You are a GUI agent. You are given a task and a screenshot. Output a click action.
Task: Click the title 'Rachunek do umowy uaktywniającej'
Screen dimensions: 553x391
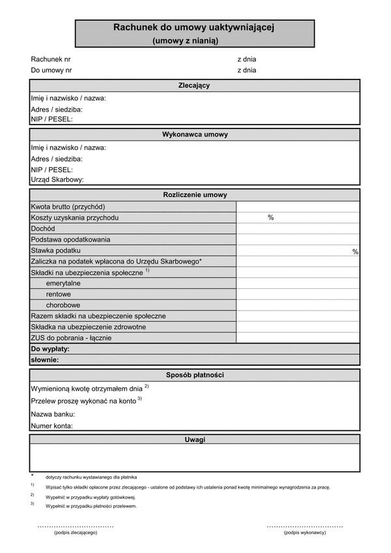point(194,28)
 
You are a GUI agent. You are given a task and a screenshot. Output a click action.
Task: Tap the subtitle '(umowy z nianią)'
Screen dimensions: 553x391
point(186,40)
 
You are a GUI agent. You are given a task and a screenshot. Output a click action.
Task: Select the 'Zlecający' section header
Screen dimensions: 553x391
point(194,85)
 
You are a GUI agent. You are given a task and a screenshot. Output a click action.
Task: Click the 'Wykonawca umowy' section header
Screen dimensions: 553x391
point(194,135)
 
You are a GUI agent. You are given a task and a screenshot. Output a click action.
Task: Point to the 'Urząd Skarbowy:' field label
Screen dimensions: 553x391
point(57,179)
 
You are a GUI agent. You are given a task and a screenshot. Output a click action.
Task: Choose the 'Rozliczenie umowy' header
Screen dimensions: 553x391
point(194,194)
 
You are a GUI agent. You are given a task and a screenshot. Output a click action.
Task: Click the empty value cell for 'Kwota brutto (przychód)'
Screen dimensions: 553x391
point(297,207)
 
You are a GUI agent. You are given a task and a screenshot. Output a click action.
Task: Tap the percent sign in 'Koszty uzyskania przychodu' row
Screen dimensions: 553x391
point(270,218)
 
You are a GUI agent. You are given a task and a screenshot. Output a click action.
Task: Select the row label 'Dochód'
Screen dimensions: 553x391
point(43,229)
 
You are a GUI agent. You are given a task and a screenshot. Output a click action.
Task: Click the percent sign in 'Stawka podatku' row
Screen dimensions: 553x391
point(355,252)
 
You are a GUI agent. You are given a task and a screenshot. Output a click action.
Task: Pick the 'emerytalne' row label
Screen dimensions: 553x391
point(64,284)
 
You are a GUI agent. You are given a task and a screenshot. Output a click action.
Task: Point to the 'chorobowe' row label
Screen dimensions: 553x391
point(63,305)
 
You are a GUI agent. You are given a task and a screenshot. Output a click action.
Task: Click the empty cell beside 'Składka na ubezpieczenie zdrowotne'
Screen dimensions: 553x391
point(297,327)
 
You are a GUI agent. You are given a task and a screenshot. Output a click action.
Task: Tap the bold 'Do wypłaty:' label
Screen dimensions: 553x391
point(50,349)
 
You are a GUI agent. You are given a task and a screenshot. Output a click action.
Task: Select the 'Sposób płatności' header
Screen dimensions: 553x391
point(194,375)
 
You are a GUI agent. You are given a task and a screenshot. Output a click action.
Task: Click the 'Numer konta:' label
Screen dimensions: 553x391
point(51,426)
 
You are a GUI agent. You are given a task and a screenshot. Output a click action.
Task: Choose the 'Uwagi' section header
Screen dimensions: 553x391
point(194,440)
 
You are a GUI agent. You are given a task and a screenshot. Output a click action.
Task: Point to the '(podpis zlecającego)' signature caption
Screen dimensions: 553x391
point(76,533)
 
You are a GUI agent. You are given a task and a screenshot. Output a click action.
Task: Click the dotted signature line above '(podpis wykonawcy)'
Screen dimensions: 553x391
point(304,526)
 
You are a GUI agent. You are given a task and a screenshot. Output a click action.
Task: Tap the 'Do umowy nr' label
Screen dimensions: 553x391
point(51,70)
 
